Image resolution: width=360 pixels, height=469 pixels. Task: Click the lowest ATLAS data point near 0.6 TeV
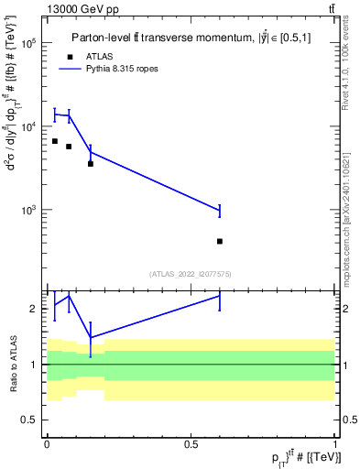coord(220,241)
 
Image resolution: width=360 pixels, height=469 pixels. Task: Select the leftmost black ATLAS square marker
coord(55,141)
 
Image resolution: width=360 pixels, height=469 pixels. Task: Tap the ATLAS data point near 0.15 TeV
coord(90,163)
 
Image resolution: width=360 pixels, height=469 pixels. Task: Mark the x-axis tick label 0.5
coord(191,443)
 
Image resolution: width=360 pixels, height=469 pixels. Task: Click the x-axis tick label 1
coord(335,443)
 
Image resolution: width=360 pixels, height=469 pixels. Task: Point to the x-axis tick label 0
coord(47,443)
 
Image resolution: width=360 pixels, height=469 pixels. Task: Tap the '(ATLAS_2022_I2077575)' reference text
coord(191,273)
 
